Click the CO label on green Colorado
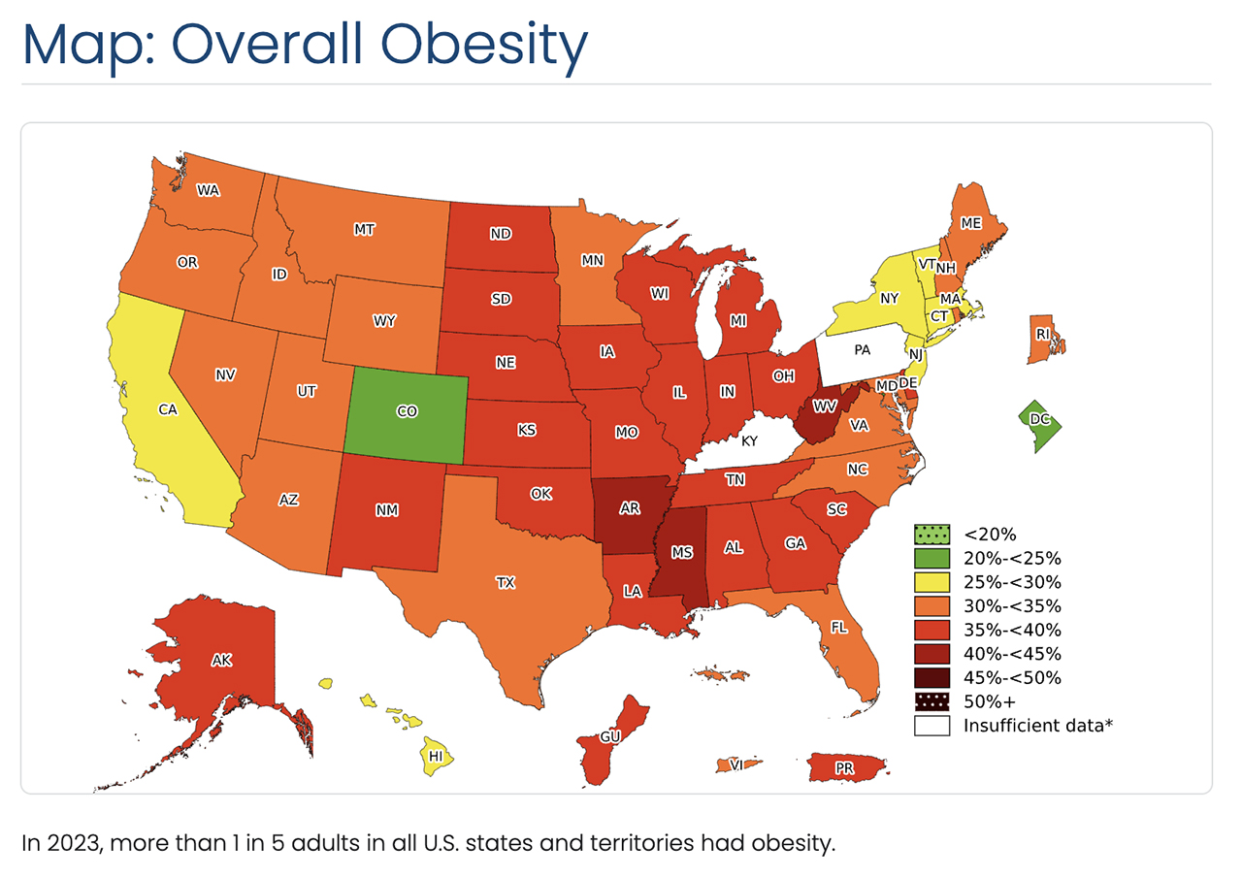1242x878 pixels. pos(408,411)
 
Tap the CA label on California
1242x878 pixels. pos(167,409)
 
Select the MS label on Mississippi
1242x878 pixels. pos(682,552)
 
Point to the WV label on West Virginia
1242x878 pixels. pos(825,405)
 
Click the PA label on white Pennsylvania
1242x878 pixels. pos(863,348)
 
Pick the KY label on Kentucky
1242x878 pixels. pos(749,440)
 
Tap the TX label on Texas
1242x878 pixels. pos(505,583)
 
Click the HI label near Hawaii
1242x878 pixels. pos(436,755)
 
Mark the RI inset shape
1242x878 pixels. pos(1044,336)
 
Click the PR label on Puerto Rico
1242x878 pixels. pos(844,767)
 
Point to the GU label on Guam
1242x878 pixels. pos(609,737)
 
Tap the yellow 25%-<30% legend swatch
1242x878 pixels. pos(930,582)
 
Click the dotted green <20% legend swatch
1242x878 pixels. pos(930,534)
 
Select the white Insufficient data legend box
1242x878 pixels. pos(930,725)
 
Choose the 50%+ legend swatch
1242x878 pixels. pos(930,701)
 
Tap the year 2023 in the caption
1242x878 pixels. pos(66,843)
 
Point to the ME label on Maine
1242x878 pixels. pos(970,222)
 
